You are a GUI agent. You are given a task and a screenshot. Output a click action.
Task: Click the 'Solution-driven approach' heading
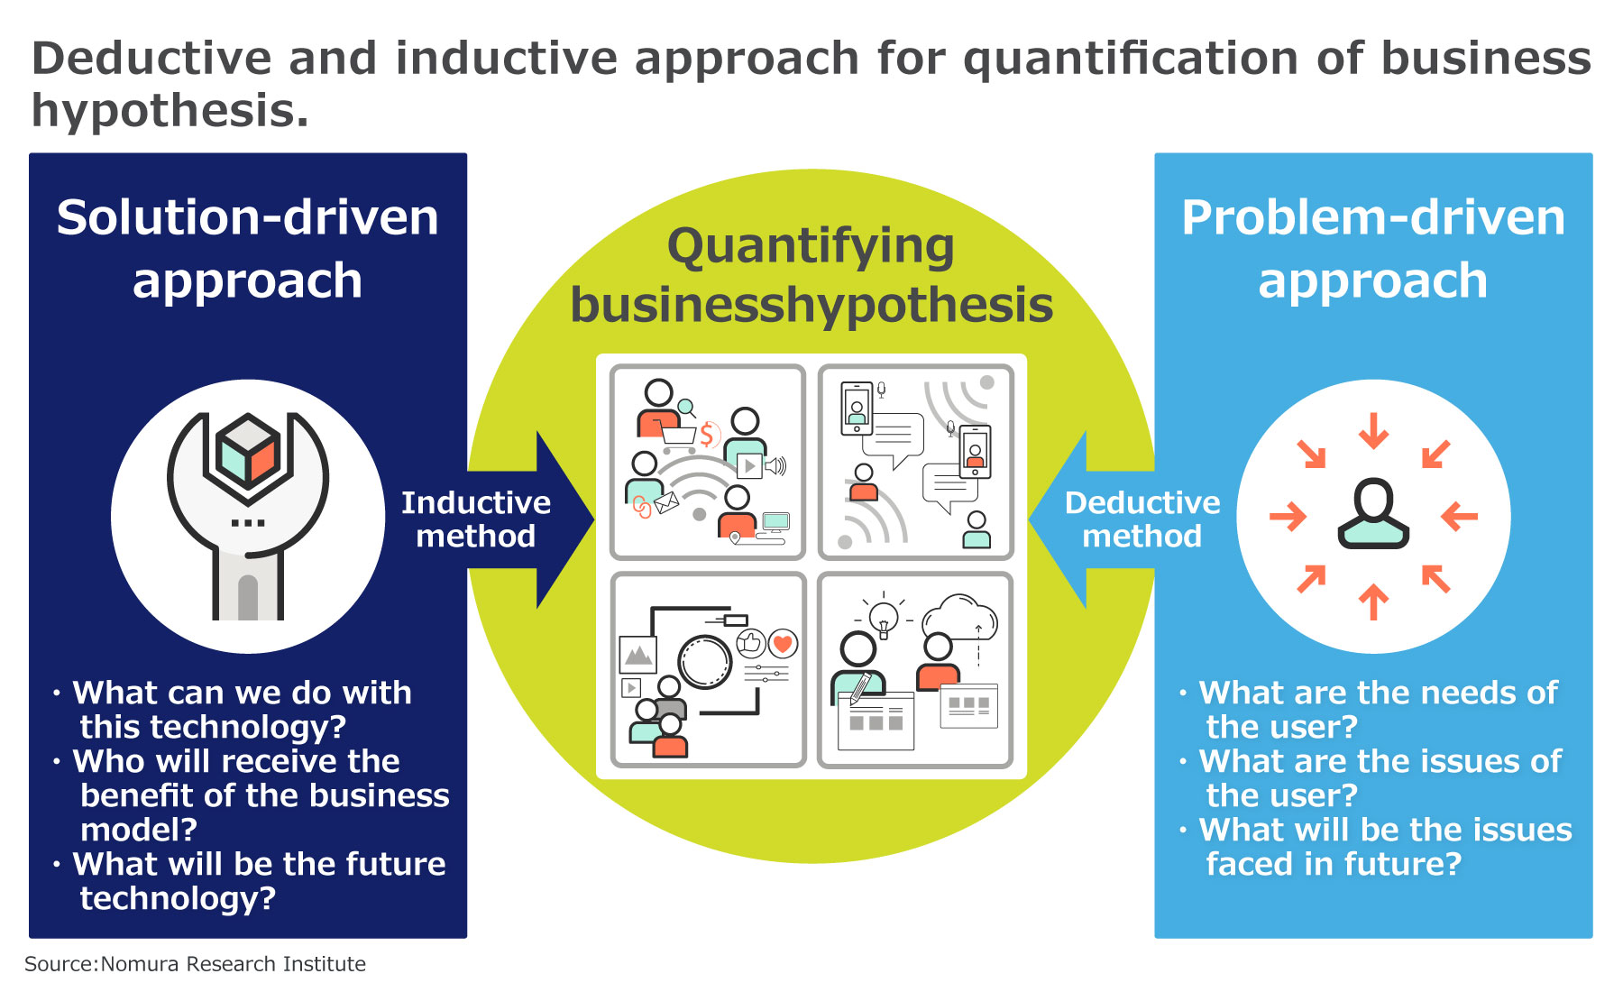pyautogui.click(x=247, y=248)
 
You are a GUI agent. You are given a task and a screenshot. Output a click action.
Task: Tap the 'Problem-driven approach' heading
pyautogui.click(x=1372, y=248)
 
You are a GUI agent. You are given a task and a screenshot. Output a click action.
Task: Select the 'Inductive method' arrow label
pyautogui.click(x=475, y=519)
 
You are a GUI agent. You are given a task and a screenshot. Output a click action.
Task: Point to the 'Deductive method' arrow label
pyautogui.click(x=1142, y=519)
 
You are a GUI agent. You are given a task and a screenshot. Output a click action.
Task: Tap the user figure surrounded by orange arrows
pyautogui.click(x=1372, y=514)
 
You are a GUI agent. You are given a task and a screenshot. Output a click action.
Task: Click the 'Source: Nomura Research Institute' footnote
pyautogui.click(x=195, y=964)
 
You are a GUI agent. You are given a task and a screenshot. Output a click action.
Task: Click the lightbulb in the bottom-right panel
pyautogui.click(x=884, y=618)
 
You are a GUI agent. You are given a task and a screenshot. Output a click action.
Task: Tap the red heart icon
pyautogui.click(x=783, y=643)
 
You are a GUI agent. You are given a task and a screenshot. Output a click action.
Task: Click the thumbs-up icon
pyautogui.click(x=751, y=643)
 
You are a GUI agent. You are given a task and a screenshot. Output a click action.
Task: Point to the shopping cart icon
pyautogui.click(x=678, y=435)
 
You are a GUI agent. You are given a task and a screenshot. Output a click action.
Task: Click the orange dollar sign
pyautogui.click(x=707, y=436)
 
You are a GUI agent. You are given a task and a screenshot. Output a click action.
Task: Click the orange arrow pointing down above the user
pyautogui.click(x=1373, y=430)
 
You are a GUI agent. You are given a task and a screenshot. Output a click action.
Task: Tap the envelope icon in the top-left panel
pyautogui.click(x=666, y=502)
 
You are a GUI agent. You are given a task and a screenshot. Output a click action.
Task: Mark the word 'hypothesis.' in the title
pyautogui.click(x=170, y=111)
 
